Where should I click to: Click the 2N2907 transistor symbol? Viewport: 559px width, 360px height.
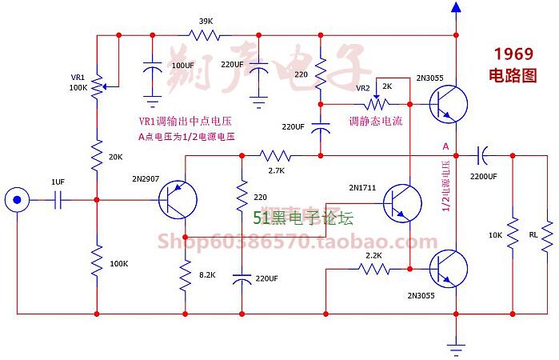coord(174,200)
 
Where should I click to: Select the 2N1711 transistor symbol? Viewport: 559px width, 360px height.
coord(400,201)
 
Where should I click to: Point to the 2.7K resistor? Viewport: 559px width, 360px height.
coord(276,155)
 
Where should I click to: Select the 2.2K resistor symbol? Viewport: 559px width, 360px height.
coord(373,269)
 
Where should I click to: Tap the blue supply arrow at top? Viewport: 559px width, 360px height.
coord(457,9)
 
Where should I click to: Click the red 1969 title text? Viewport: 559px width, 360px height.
coord(513,54)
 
